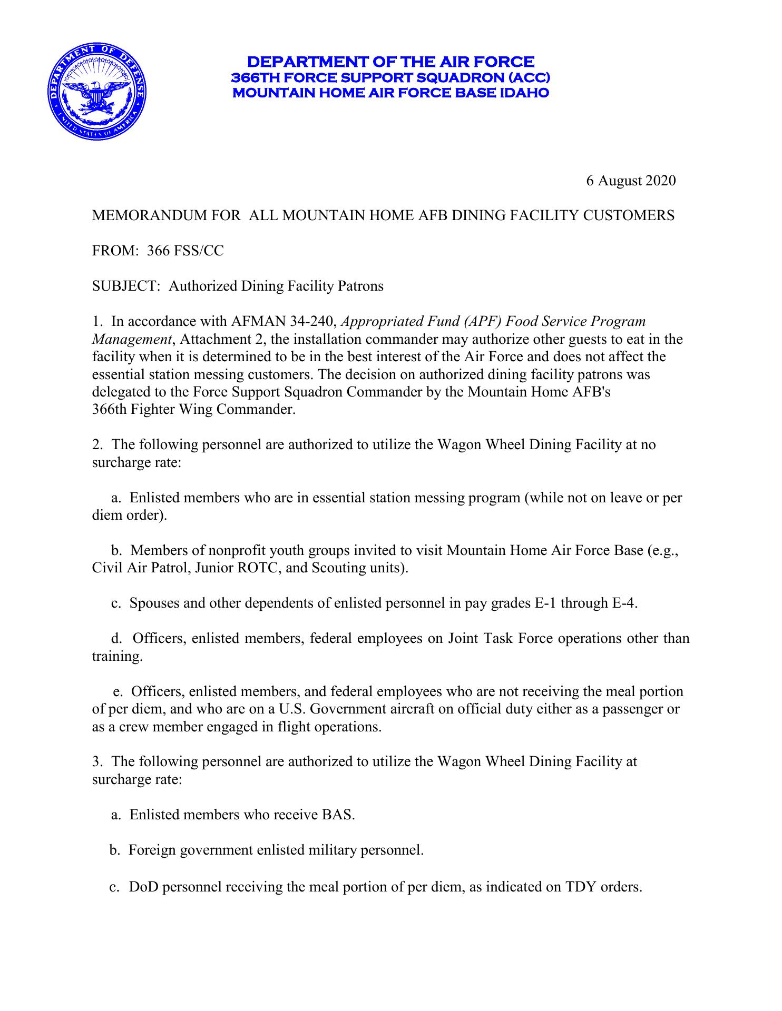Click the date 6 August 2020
[630, 181]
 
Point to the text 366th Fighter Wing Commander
[193, 410]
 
